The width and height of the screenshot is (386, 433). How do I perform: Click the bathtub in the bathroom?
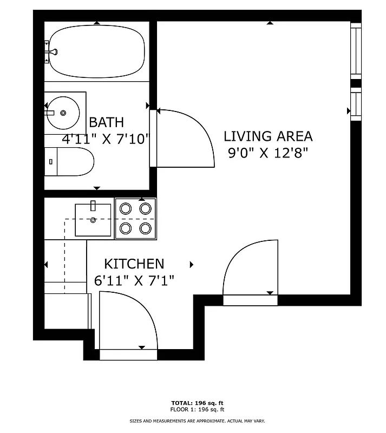coord(97,51)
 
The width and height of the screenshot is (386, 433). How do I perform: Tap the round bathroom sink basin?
coord(63,113)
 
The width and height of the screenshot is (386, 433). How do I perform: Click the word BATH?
coord(106,122)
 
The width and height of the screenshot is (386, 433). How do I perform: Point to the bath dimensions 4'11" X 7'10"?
coord(106,139)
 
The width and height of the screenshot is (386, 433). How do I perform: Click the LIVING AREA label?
coord(268,136)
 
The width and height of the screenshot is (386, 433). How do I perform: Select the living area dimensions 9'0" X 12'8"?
coord(268,153)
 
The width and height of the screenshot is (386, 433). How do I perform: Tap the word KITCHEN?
coord(134,264)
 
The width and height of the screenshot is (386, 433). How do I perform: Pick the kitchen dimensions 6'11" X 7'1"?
coord(134,280)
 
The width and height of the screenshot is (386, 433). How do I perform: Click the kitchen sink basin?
coord(93,220)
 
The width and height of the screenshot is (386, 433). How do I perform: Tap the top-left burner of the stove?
coord(125,208)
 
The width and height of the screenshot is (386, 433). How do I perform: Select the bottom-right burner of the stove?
coord(145,228)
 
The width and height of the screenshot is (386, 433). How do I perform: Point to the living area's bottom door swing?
coord(250,268)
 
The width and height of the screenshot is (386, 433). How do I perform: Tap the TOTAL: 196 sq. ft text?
coord(197,403)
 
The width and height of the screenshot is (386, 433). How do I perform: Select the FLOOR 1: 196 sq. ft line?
coord(197,409)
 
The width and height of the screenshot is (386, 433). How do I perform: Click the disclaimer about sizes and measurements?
coord(197,421)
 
